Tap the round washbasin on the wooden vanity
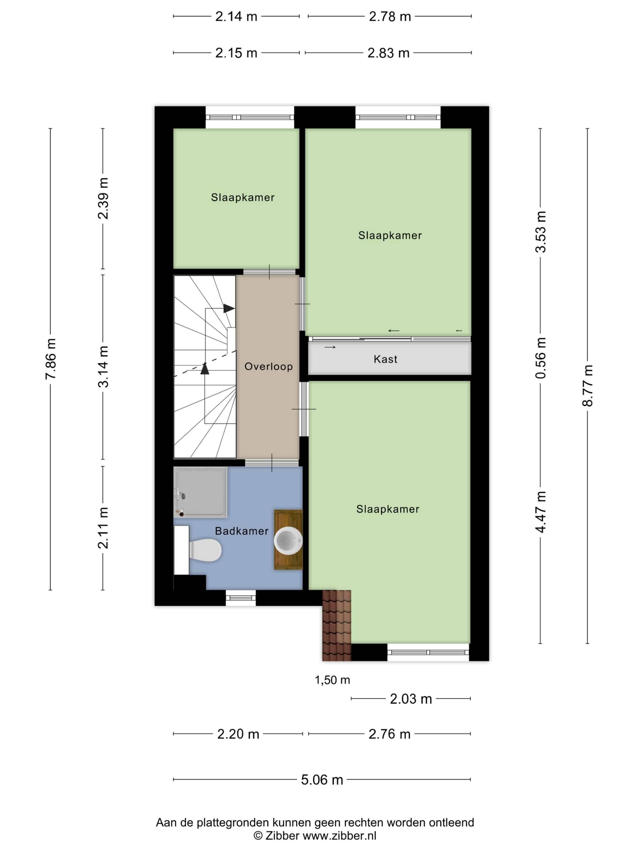(x=288, y=540)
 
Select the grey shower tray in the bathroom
(x=200, y=492)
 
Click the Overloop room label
(x=269, y=366)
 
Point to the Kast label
(x=385, y=359)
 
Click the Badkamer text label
(x=242, y=531)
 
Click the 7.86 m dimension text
(x=50, y=359)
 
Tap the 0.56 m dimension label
(x=540, y=358)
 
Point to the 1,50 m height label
(x=332, y=680)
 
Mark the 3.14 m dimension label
(x=103, y=366)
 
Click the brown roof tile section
(x=337, y=625)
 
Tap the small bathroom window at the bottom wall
(x=240, y=598)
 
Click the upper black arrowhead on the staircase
(x=229, y=308)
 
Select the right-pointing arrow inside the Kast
(x=330, y=347)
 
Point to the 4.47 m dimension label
(x=540, y=512)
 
